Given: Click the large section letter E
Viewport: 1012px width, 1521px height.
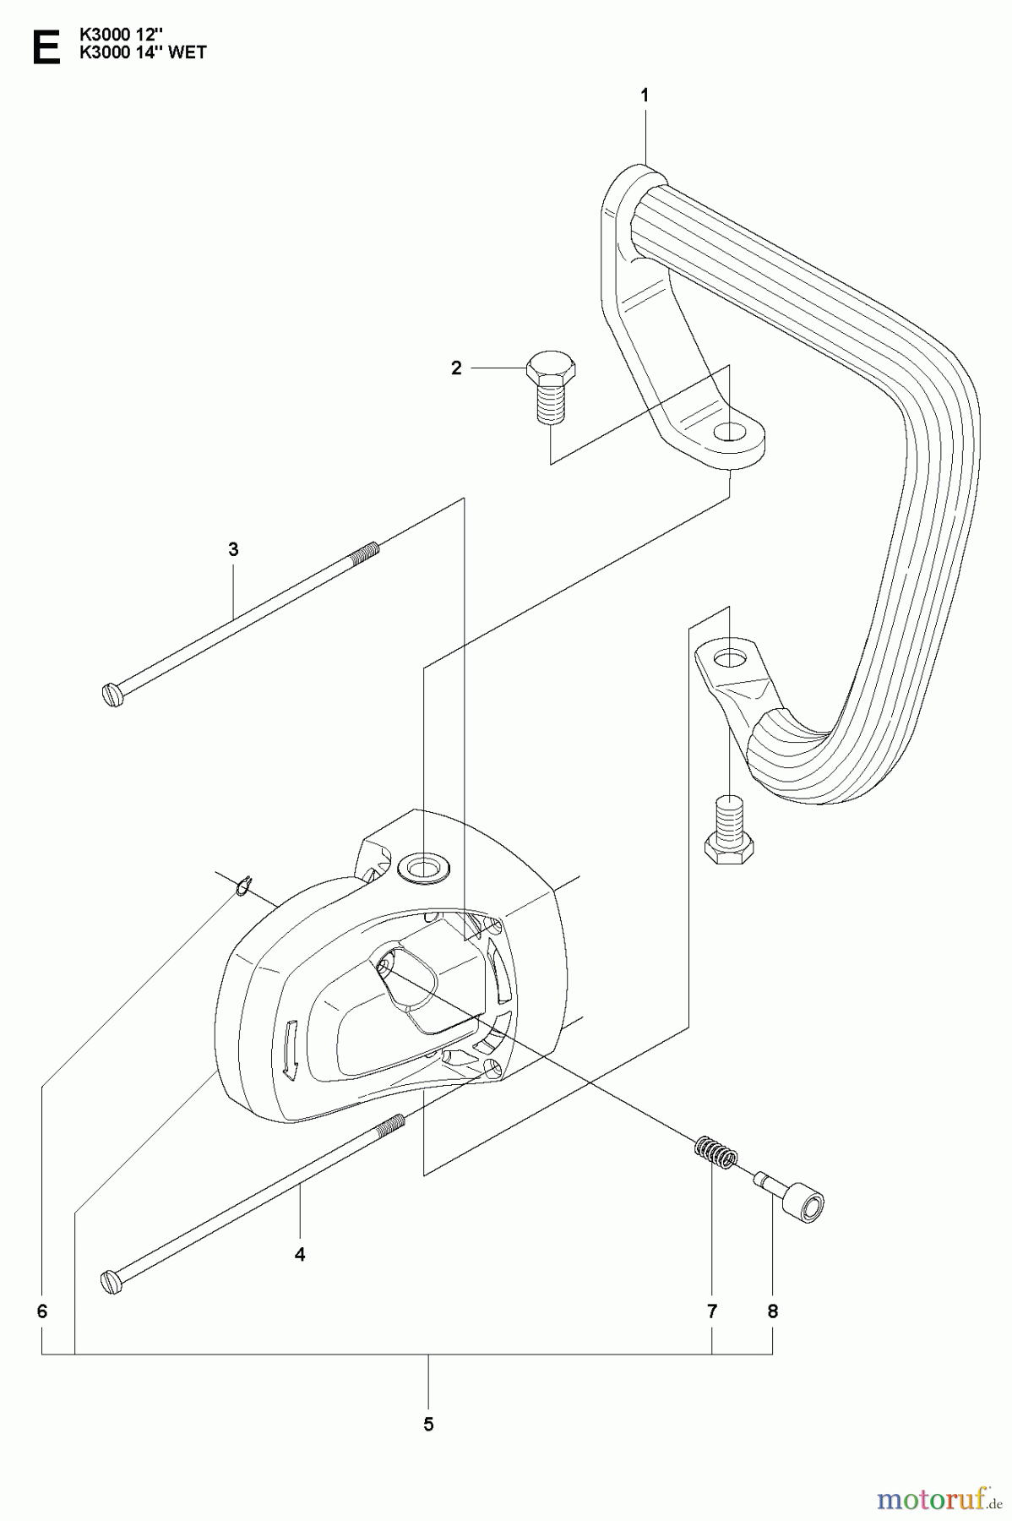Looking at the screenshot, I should [x=45, y=47].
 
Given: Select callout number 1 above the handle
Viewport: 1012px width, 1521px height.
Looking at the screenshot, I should [x=645, y=96].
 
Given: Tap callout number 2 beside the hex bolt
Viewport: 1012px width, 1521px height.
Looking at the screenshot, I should [x=456, y=368].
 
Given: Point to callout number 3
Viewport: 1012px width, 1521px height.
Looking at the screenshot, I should [x=233, y=549].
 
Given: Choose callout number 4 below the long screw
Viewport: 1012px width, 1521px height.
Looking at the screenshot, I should [x=300, y=1254].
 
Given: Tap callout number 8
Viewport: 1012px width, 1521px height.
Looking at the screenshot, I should [x=772, y=1311].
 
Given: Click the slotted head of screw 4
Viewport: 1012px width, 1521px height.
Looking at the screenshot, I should [x=112, y=1281].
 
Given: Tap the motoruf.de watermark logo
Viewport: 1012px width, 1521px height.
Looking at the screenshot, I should [x=934, y=1500].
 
